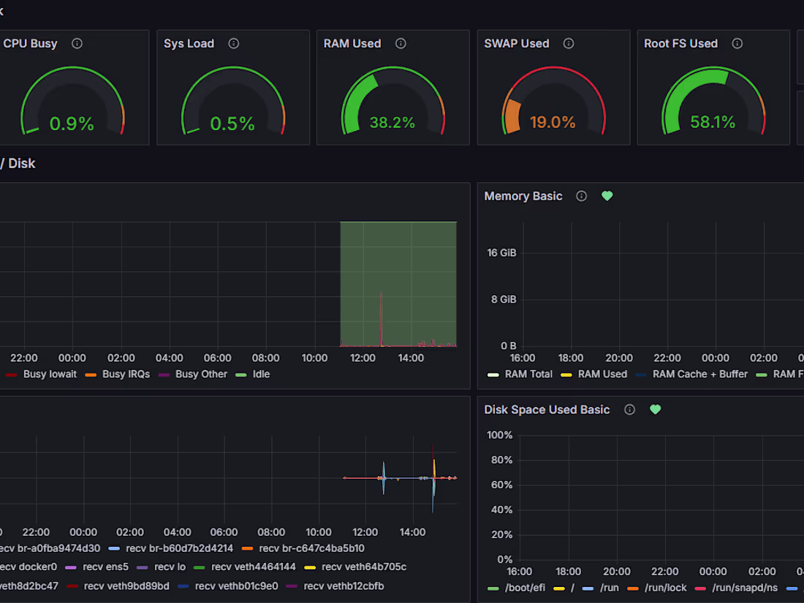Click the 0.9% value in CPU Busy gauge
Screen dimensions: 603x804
(x=72, y=124)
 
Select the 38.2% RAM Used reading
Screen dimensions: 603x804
(x=392, y=122)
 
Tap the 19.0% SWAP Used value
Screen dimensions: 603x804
(x=553, y=122)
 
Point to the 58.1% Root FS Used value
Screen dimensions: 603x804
(x=713, y=122)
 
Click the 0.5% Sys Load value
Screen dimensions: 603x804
(x=232, y=124)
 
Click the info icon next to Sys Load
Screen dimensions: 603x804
(x=234, y=44)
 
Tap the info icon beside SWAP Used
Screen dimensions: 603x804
(x=569, y=44)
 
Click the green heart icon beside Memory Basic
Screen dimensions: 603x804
(x=607, y=196)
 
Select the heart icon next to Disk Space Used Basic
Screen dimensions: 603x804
(x=655, y=409)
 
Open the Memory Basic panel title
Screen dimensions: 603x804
(x=523, y=196)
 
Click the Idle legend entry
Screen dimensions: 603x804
(x=260, y=374)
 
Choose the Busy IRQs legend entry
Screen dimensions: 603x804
(x=126, y=374)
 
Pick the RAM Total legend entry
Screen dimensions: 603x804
(x=528, y=374)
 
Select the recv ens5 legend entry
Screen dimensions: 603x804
(x=107, y=566)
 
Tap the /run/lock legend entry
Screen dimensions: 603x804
(x=664, y=588)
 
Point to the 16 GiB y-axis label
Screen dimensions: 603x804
(x=501, y=253)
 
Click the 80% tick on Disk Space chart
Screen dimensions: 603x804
(x=500, y=460)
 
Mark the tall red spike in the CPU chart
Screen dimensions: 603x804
(x=381, y=314)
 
